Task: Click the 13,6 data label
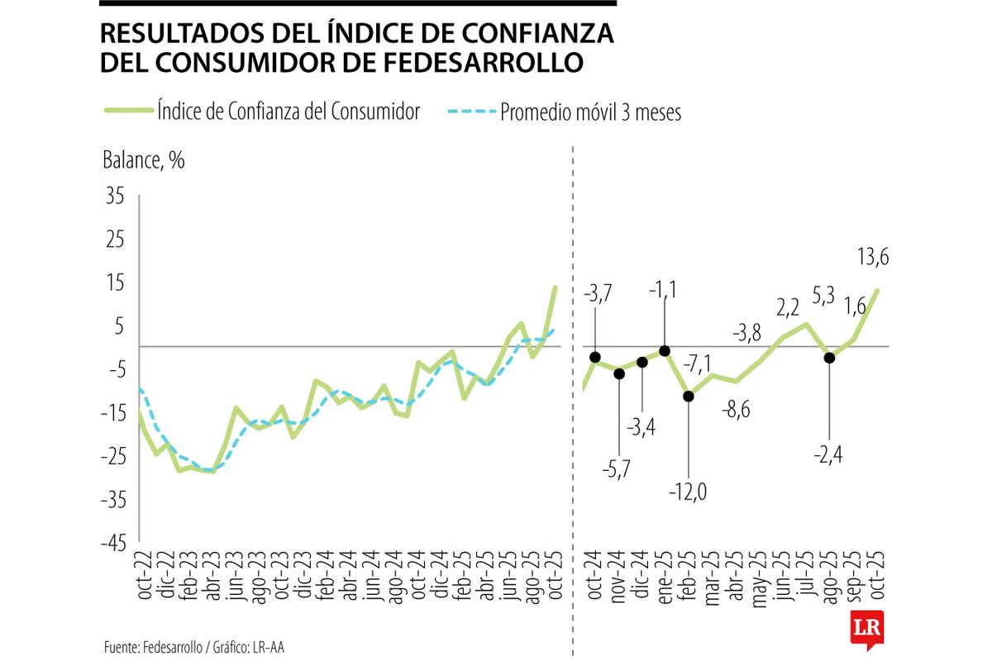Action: click(872, 257)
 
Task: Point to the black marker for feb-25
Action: click(688, 396)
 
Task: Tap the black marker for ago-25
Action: click(829, 358)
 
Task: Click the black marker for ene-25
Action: click(665, 351)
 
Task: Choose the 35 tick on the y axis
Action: click(113, 197)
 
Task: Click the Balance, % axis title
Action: click(143, 160)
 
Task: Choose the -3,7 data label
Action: click(598, 293)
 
